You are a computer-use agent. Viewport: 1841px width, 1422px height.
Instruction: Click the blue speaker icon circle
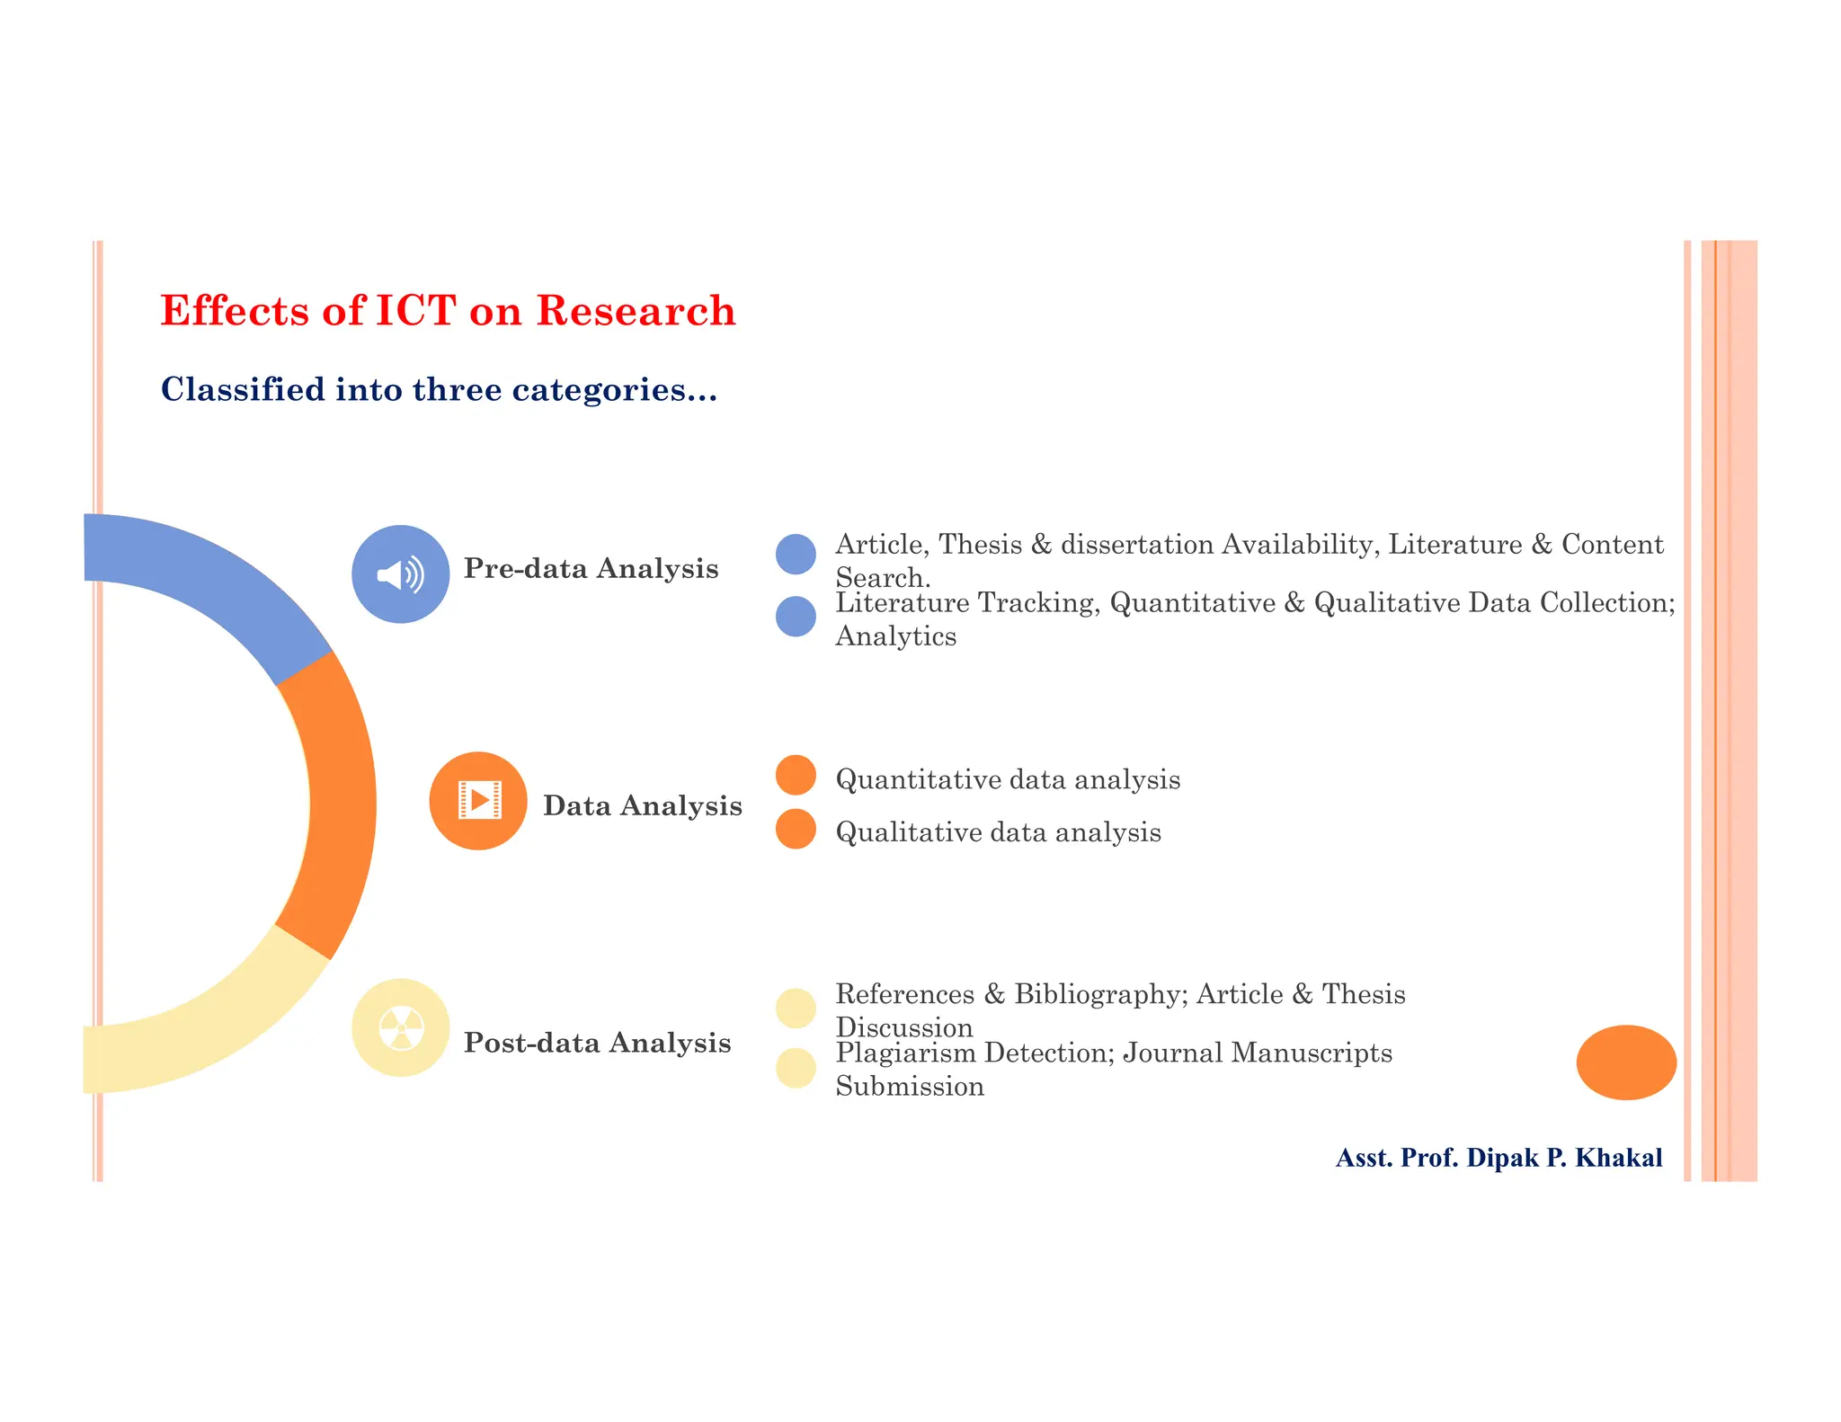400,574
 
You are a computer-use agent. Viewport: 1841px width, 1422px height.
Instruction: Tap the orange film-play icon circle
478,801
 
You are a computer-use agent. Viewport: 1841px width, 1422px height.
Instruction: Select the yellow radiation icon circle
400,1027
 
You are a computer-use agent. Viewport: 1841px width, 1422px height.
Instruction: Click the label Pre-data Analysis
591,569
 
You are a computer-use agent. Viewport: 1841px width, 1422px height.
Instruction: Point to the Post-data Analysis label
597,1043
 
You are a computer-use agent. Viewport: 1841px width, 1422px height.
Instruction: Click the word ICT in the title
415,311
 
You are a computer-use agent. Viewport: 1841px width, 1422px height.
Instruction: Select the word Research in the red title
636,311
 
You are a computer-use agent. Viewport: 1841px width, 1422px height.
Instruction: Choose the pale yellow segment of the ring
207,1034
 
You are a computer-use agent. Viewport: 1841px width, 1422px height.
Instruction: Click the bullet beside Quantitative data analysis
796,775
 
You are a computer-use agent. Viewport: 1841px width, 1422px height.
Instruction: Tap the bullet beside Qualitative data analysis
796,829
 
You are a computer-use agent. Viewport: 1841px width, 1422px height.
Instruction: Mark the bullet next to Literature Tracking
796,617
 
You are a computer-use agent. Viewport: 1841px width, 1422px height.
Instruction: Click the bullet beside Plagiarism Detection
796,1068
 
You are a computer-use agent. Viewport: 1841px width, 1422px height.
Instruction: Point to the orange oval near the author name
1626,1062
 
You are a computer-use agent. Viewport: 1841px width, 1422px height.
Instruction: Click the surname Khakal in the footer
1619,1158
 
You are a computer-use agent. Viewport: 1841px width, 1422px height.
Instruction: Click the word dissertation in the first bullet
1137,545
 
